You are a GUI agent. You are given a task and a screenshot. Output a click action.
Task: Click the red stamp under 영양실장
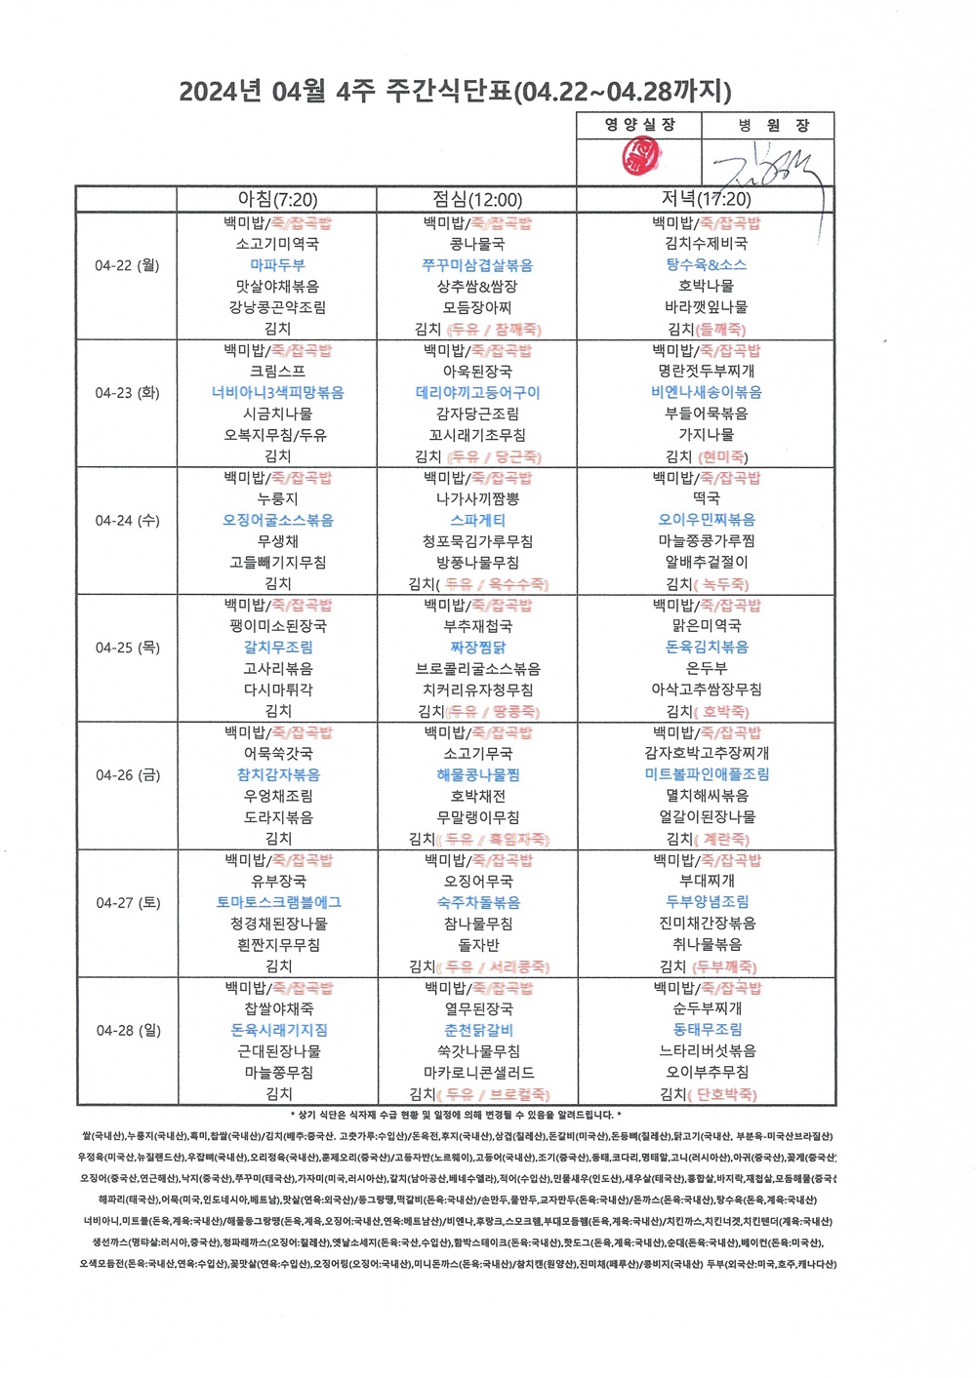click(641, 156)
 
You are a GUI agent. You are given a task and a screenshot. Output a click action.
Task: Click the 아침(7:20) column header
click(277, 199)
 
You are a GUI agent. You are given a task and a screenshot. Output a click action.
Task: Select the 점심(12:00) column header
click(477, 199)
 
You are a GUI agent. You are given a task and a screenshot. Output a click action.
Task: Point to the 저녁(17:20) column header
click(706, 199)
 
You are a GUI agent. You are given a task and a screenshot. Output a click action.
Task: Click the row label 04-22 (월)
click(127, 265)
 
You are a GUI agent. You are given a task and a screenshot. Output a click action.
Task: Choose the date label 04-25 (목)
click(127, 648)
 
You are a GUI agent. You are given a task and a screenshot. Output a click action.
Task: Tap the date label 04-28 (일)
click(128, 1030)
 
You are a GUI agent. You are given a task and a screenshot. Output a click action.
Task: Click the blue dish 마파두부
click(277, 265)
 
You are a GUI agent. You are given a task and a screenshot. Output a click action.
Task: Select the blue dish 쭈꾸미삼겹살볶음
click(477, 265)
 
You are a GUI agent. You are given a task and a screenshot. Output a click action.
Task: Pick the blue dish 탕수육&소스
click(706, 265)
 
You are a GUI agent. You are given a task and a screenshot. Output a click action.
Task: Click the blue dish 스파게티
click(477, 520)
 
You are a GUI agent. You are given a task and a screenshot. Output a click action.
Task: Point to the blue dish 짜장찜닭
click(477, 648)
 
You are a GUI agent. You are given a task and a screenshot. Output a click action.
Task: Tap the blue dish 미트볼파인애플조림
click(707, 774)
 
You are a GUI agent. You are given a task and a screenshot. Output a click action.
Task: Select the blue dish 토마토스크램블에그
click(278, 902)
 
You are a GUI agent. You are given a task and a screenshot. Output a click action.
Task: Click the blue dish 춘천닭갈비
click(478, 1030)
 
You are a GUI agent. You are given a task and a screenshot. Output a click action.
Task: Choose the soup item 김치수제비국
click(706, 244)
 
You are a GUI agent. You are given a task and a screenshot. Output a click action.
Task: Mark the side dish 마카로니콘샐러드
click(478, 1073)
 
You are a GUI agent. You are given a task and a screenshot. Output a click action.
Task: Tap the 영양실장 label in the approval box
click(639, 125)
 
